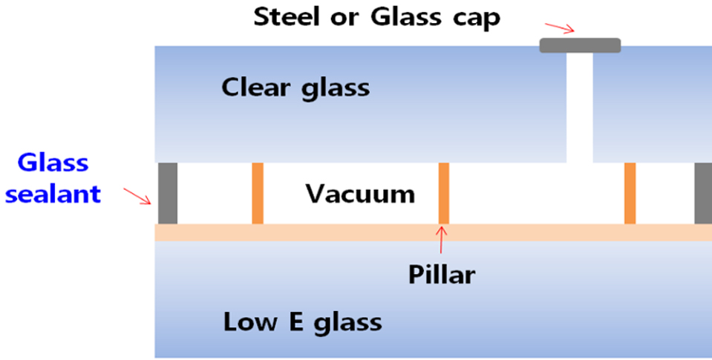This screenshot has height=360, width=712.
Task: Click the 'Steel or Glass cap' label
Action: [377, 16]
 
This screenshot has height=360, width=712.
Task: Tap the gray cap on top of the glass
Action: [580, 45]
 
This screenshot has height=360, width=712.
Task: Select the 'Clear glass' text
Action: [295, 88]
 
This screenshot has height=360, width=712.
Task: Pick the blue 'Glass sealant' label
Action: [53, 179]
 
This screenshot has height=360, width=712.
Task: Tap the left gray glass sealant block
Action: [168, 193]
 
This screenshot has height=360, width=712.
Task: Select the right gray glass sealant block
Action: [703, 193]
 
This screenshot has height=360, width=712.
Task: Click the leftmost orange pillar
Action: [258, 193]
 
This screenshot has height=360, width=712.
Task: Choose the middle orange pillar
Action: [444, 193]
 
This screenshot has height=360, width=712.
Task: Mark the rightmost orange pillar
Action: [630, 193]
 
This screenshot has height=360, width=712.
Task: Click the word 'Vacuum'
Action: [360, 194]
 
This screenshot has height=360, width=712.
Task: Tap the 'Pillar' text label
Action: [441, 275]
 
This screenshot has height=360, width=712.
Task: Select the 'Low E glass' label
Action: [302, 322]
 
